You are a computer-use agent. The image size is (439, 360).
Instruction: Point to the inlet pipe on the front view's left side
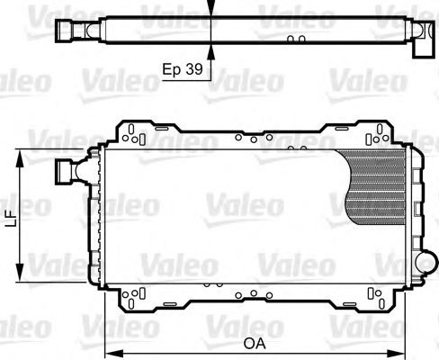[67, 170]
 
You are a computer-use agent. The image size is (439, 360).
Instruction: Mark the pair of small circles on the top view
[296, 39]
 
